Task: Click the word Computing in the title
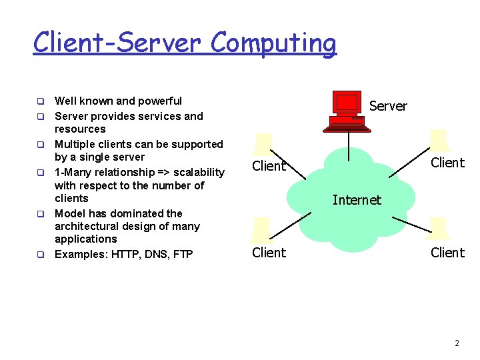273,43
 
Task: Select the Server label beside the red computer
388,106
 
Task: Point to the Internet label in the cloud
357,200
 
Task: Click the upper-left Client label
269,166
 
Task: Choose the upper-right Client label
447,163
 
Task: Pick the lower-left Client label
269,253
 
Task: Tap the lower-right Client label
447,253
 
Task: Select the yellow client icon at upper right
439,141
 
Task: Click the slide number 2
457,343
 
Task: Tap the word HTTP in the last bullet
124,254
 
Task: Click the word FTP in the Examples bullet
183,254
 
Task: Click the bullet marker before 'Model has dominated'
40,215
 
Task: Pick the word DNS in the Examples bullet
156,254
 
